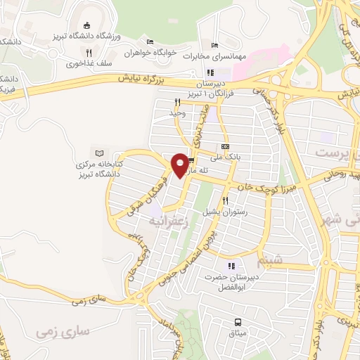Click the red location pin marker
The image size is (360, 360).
point(180,165)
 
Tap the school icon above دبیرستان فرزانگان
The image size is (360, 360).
point(210,72)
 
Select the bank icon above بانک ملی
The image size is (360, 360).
point(225,146)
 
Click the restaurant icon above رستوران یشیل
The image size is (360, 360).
point(225,200)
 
